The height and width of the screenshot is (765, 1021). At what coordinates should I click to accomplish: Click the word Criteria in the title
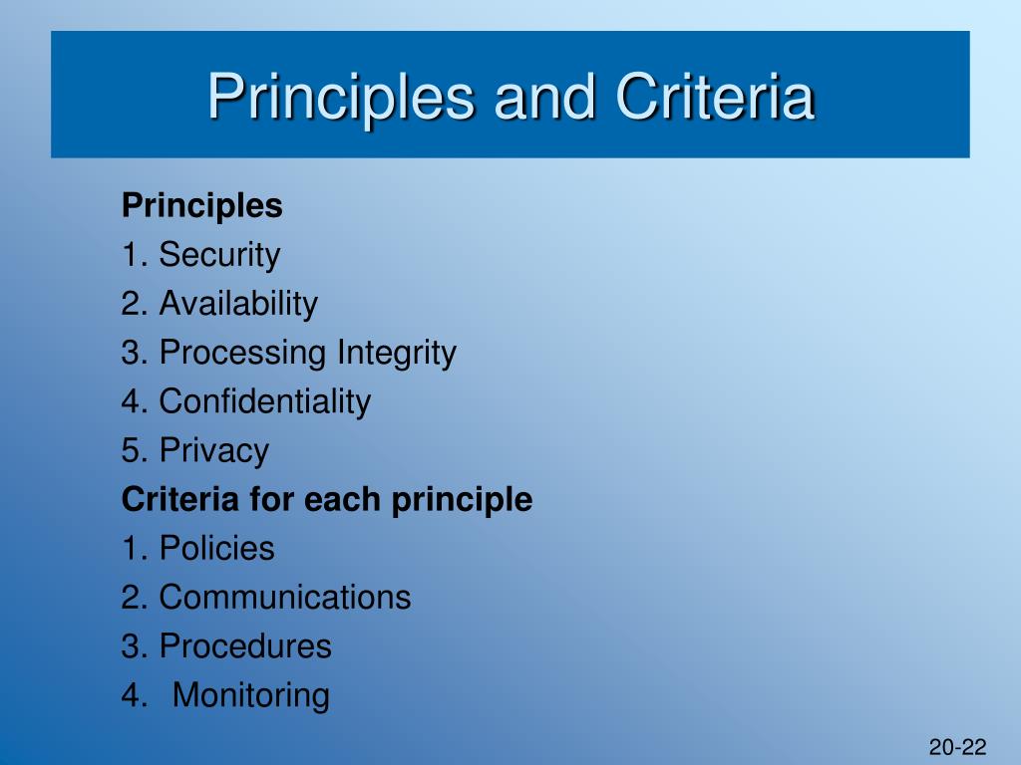[715, 97]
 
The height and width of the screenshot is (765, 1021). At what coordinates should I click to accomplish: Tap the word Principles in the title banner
[341, 100]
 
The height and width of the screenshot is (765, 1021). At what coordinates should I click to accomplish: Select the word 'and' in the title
[545, 97]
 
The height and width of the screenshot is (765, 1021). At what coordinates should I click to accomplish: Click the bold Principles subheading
[201, 207]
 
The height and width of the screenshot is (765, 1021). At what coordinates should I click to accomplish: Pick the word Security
[219, 255]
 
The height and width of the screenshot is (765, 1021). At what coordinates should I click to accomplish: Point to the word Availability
[238, 305]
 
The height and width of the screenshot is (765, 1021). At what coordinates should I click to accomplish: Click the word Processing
[242, 354]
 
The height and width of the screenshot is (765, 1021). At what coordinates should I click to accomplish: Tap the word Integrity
[397, 354]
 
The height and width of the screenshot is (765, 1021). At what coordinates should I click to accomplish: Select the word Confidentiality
[265, 401]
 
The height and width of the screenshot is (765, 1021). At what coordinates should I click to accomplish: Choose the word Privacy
[214, 451]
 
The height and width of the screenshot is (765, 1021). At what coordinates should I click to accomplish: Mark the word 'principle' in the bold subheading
[463, 501]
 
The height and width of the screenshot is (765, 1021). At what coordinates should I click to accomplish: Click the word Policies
[216, 548]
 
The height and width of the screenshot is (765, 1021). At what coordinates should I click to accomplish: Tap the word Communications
[285, 598]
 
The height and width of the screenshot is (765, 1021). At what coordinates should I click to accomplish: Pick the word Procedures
[245, 645]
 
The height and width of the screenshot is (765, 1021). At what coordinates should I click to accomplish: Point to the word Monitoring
[250, 695]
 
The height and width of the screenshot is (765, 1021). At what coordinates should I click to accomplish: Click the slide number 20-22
[958, 747]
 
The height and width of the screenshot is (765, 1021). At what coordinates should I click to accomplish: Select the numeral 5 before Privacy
[131, 450]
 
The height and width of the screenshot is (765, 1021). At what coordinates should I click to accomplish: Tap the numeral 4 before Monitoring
[131, 694]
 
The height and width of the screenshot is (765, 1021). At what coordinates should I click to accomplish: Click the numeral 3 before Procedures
[131, 645]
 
